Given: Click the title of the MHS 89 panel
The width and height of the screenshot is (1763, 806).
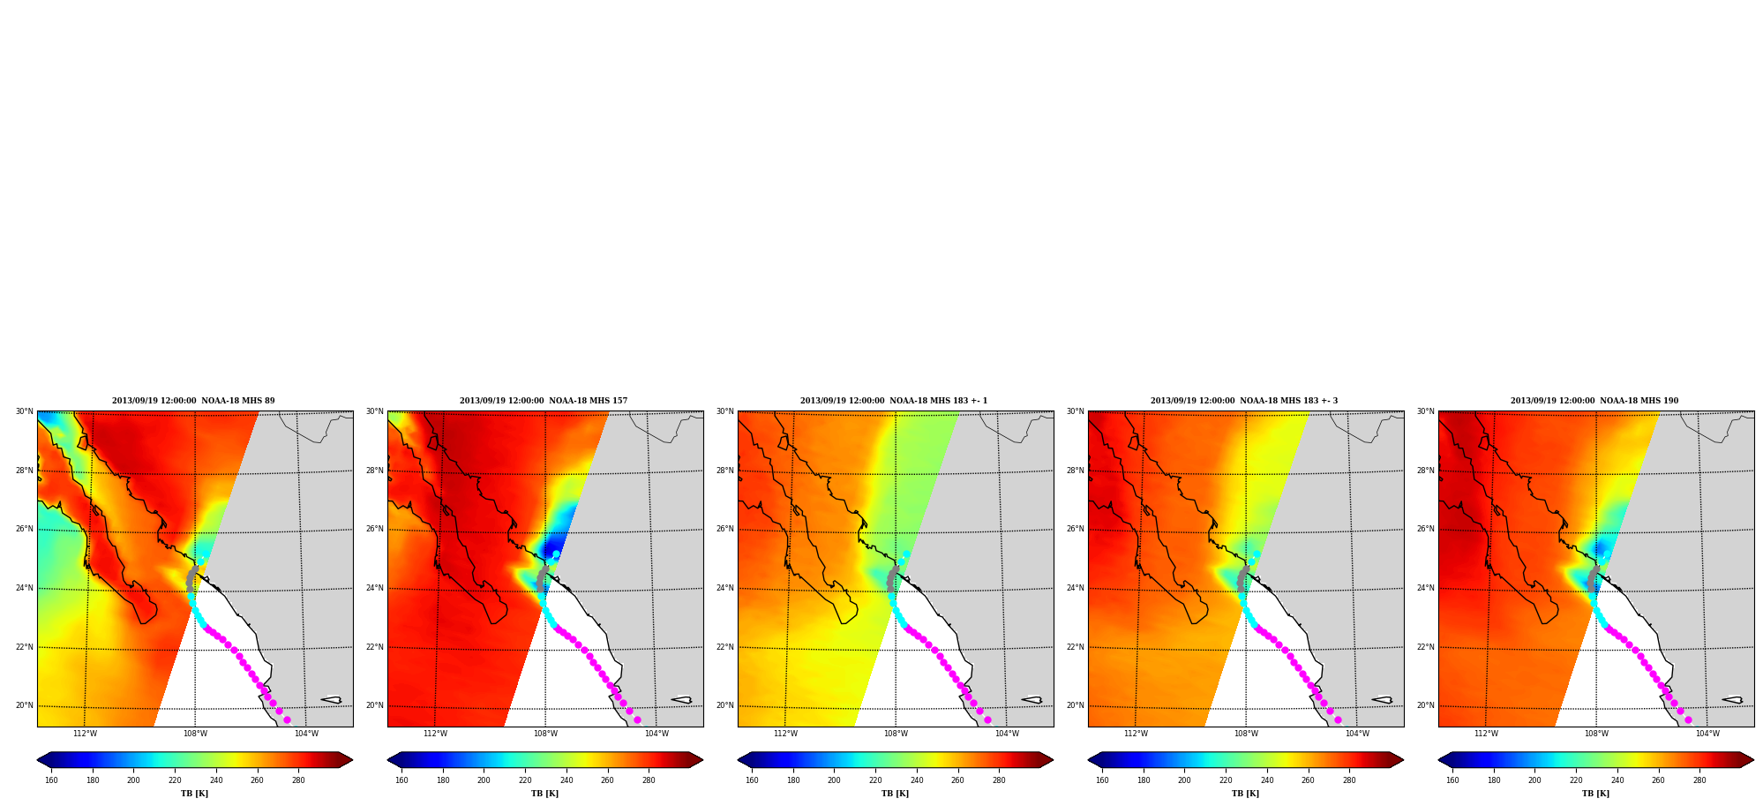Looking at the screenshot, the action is (193, 401).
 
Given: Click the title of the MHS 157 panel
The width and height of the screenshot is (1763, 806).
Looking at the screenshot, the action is (544, 401).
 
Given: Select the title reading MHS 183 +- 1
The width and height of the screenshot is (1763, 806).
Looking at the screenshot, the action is (894, 401).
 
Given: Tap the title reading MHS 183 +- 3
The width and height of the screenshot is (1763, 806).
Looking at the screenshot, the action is (1244, 401).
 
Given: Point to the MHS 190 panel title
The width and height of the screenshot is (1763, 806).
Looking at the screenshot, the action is (1594, 401).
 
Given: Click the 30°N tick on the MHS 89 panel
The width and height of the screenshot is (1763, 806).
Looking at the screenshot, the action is (24, 411).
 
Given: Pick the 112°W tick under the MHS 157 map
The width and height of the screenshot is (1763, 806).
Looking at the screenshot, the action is (435, 734).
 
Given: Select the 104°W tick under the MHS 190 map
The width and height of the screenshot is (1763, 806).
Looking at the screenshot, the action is (1707, 734).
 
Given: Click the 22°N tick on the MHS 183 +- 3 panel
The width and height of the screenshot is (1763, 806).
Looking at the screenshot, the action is (1075, 647).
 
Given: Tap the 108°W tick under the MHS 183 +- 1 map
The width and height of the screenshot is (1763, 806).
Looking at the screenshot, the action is (896, 734).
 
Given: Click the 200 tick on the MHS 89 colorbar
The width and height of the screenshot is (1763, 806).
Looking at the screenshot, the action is (133, 780).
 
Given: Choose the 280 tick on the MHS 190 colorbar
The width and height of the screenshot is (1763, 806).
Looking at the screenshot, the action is (1699, 780).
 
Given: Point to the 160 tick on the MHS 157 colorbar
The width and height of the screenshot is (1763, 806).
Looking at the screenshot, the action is (401, 780).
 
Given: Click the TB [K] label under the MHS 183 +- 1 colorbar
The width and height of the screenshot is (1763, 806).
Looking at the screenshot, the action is (895, 794).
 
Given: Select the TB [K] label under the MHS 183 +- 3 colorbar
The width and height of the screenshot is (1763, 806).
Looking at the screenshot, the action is (1245, 794).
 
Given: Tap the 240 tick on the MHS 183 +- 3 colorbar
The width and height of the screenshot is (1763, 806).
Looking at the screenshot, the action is (1267, 780).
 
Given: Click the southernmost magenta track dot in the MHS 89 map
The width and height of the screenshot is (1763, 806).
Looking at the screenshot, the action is (287, 720).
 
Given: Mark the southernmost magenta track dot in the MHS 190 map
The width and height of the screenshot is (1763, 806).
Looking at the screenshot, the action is (1688, 720).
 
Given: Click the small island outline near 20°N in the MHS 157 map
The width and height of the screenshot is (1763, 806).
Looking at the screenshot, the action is (681, 700).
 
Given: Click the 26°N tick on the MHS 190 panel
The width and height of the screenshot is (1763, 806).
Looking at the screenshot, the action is (1425, 530).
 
